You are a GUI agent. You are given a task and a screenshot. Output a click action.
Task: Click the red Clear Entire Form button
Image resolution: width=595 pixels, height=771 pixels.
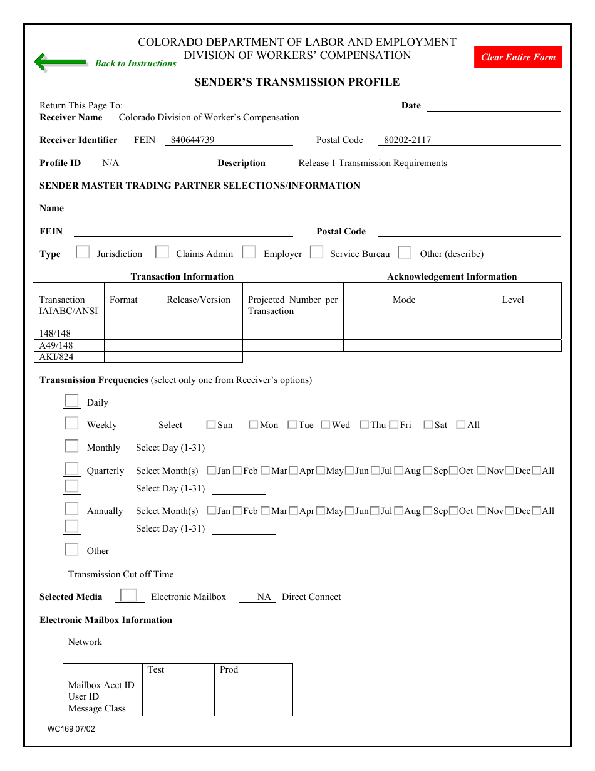coord(518,57)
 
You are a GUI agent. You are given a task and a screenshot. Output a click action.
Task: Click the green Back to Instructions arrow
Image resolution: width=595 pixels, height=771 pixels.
coord(60,63)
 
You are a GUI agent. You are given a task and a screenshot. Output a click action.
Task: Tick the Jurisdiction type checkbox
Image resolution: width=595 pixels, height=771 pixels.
coord(83,253)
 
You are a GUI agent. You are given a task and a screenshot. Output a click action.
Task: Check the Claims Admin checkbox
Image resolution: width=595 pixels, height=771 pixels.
coord(162,253)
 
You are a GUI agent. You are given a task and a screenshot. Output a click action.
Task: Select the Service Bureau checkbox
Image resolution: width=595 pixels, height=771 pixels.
coord(317,253)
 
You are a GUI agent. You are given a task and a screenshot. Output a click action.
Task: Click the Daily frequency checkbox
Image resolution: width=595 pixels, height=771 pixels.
coord(72,401)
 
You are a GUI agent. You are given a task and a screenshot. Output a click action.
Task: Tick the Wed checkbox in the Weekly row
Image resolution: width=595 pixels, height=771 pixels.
coord(325,425)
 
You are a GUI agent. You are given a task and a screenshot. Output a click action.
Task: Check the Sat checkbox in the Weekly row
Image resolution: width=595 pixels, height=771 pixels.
coord(428,425)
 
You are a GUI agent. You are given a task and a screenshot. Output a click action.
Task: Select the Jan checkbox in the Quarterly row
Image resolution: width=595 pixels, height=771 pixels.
coord(211,470)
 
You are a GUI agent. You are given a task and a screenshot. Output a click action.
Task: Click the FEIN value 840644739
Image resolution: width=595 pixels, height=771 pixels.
coord(192,140)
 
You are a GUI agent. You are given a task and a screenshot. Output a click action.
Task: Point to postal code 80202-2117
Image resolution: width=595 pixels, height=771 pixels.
coord(407,140)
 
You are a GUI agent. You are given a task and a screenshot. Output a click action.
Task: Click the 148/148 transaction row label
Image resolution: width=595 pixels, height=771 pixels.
coord(55,333)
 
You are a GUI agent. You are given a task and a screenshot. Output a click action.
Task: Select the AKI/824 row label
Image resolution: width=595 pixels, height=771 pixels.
coord(56,357)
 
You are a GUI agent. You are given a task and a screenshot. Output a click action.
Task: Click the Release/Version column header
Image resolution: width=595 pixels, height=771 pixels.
coord(199,300)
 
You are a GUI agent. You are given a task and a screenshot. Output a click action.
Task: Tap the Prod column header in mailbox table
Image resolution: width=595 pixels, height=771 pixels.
coord(229,669)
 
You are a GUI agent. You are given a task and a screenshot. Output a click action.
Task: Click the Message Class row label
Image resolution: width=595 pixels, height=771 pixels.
coord(97,708)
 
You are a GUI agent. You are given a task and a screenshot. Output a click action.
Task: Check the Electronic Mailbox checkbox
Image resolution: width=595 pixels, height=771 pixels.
coord(128,595)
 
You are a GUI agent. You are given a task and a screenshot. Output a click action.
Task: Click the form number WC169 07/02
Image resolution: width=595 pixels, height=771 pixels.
coord(71,729)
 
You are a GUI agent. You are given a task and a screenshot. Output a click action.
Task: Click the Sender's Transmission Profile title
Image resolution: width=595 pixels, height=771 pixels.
coord(297,82)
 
